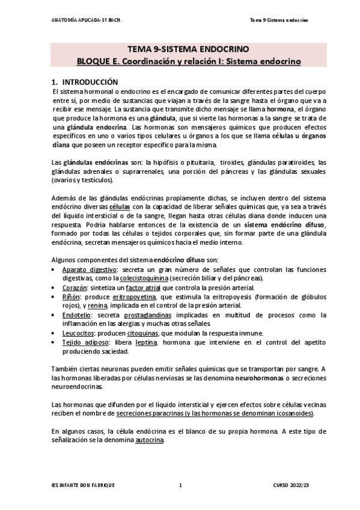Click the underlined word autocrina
[x=150, y=441]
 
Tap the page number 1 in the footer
[x=180, y=485]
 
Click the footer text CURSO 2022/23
[x=293, y=485]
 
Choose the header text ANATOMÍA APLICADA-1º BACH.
[x=87, y=20]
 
